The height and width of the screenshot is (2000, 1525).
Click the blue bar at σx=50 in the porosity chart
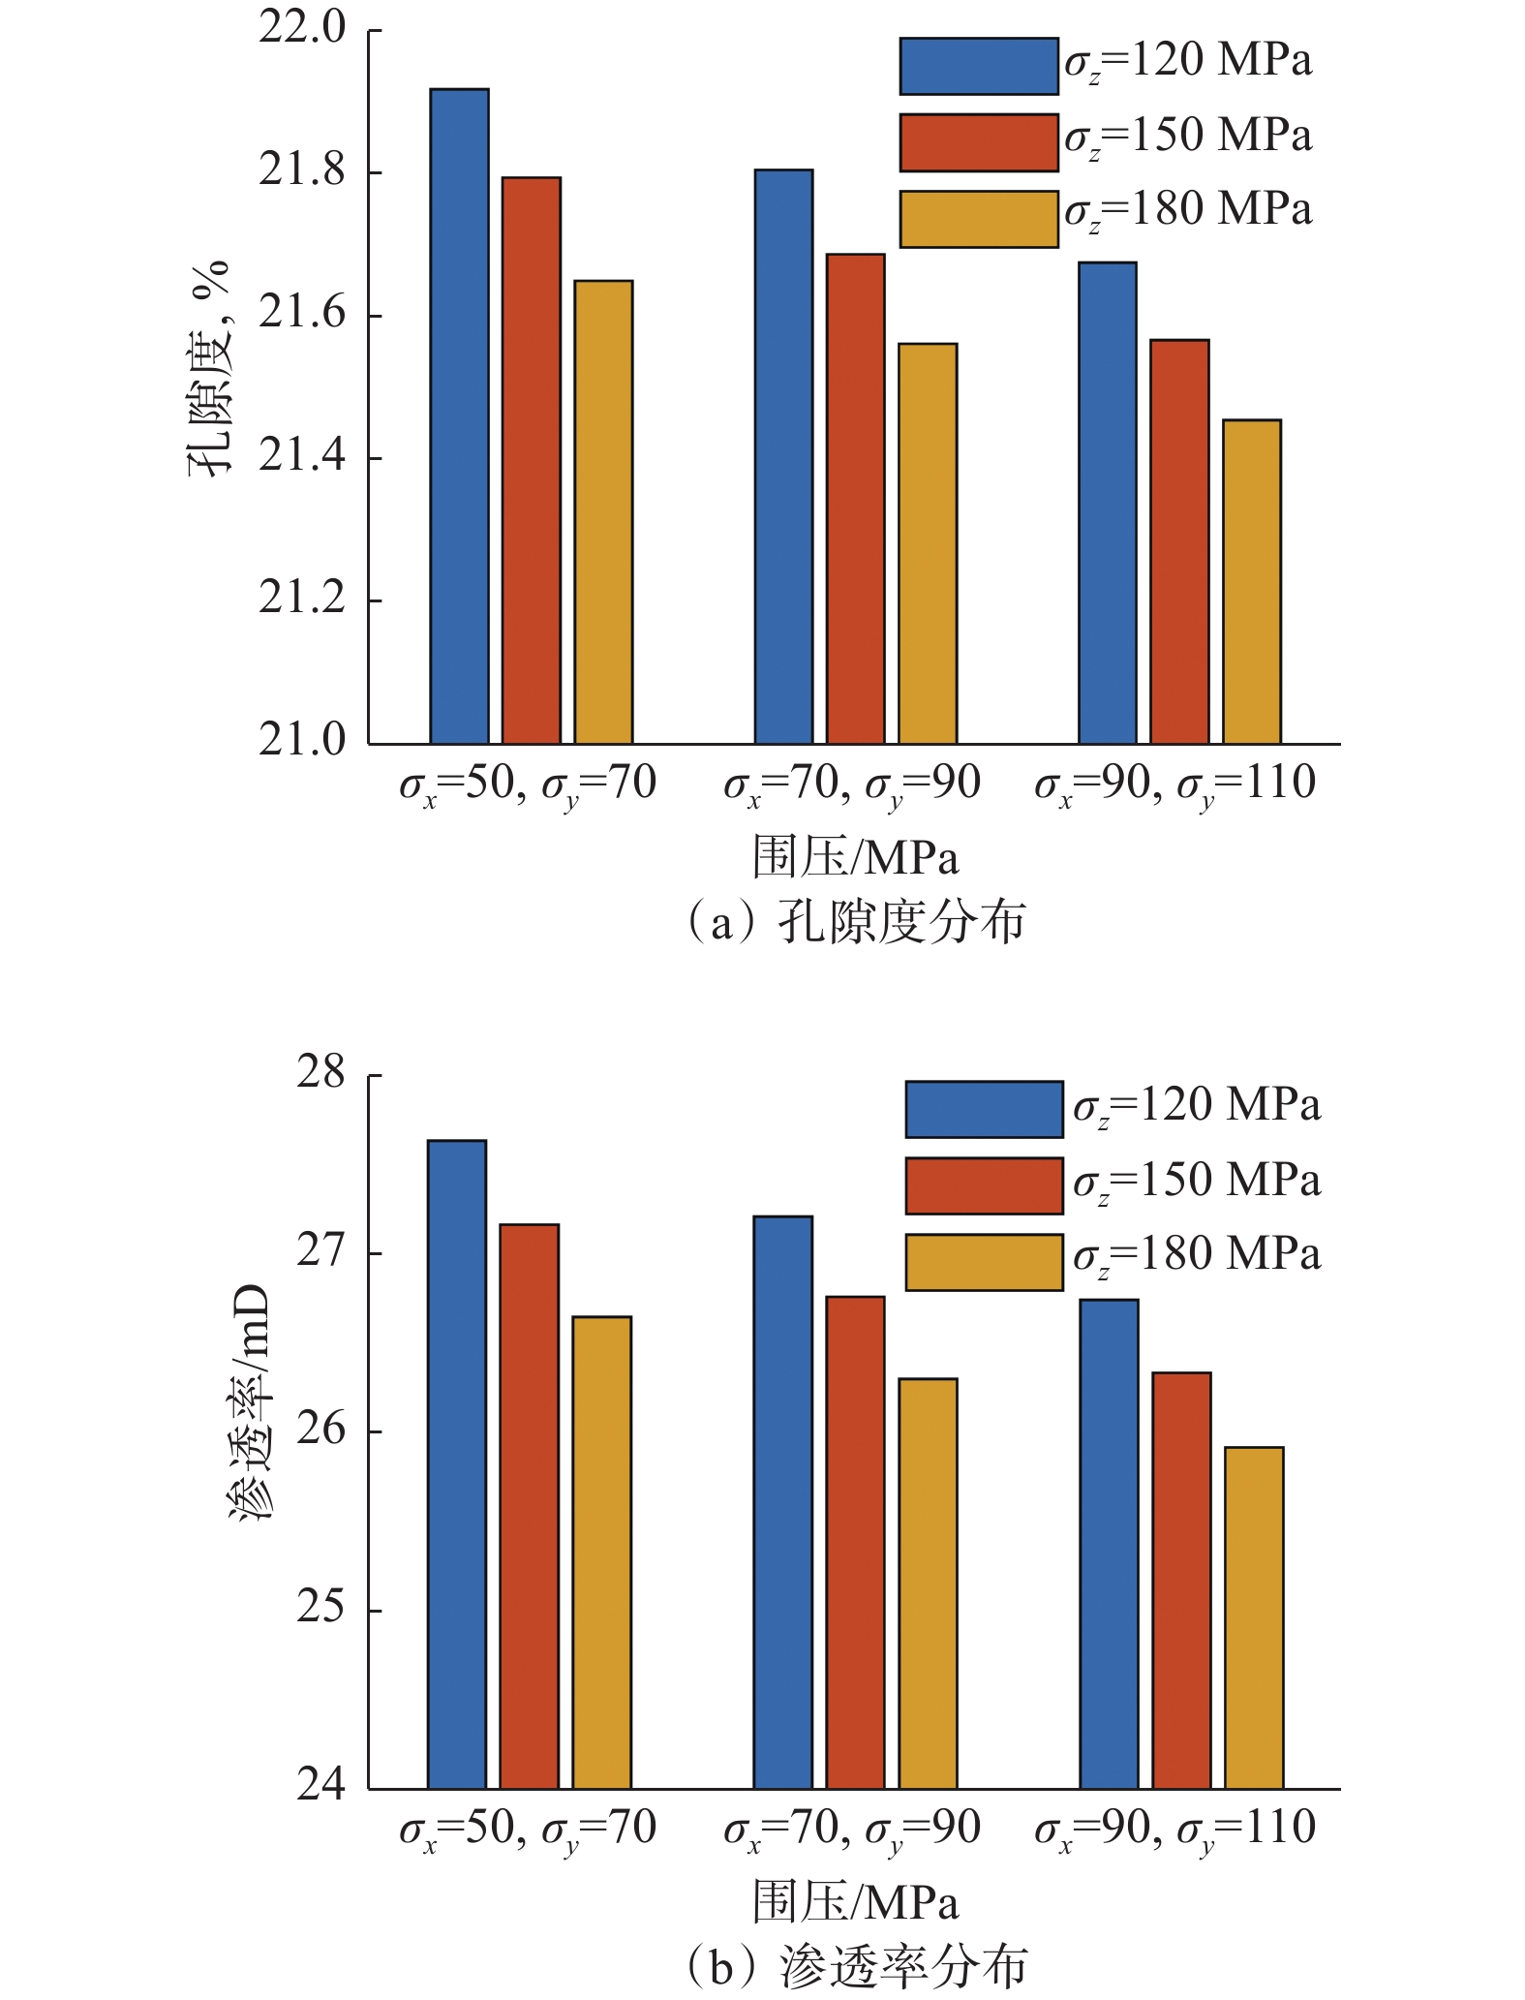[459, 416]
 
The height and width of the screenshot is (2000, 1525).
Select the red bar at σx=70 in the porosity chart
[855, 499]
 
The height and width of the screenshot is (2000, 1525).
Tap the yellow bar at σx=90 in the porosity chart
[1251, 581]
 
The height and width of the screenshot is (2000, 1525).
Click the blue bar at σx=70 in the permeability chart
[782, 1501]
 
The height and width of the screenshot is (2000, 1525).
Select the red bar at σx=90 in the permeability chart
[1181, 1580]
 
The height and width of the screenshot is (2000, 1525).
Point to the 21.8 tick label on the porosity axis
[301, 171]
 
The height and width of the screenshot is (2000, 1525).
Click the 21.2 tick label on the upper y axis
[301, 600]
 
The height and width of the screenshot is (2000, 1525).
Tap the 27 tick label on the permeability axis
[320, 1252]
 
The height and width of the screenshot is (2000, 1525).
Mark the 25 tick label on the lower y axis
[320, 1609]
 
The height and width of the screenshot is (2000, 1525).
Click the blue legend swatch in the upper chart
[978, 66]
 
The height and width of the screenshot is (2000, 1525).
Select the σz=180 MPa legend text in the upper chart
[1188, 211]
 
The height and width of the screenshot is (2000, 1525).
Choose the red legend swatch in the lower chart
[984, 1185]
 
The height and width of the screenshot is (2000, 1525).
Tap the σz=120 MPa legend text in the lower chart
[1196, 1106]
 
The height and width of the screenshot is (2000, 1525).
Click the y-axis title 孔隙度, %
[209, 368]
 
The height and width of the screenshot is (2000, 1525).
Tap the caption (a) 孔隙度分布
[854, 922]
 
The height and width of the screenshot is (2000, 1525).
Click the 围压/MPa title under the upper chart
[855, 858]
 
